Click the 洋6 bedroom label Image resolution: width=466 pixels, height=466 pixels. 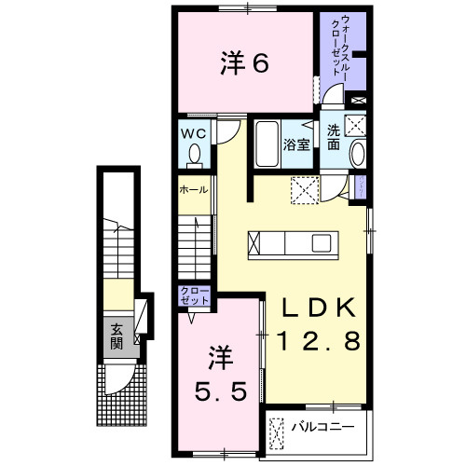point(245,63)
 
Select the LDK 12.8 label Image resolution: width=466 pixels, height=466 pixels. point(316,323)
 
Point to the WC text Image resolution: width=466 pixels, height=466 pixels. point(194,131)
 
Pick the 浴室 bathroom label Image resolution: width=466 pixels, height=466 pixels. point(296,145)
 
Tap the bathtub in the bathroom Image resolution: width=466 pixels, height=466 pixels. point(267,144)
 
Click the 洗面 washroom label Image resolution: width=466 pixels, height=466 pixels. point(334,138)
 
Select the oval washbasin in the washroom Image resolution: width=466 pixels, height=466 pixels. point(358,156)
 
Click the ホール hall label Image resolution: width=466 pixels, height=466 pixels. point(194,188)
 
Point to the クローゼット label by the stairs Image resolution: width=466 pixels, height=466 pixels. point(195,298)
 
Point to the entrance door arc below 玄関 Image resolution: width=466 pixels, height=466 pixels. point(116,377)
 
